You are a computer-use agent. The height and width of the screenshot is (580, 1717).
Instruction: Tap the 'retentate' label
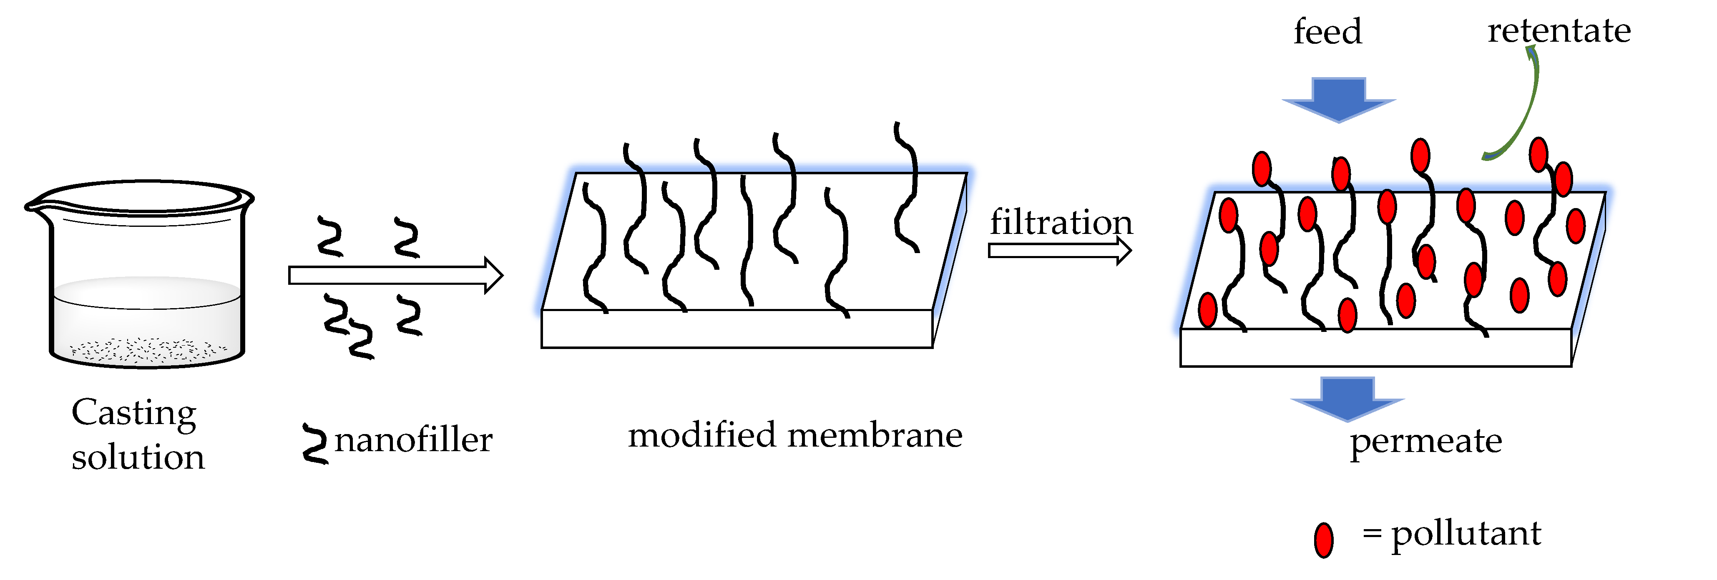(x=1559, y=31)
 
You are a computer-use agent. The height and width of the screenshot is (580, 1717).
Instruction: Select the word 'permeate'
(x=1426, y=441)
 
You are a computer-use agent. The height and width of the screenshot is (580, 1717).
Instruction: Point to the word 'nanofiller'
(x=413, y=439)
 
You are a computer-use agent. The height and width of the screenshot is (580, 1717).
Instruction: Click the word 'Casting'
(x=133, y=413)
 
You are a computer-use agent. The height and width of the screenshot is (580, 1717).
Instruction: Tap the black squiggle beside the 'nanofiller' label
(x=314, y=443)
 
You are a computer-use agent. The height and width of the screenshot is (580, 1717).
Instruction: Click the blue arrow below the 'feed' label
(x=1338, y=99)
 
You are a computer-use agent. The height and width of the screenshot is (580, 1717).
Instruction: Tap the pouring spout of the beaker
(x=33, y=205)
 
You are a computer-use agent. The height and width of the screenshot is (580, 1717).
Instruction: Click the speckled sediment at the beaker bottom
(x=147, y=349)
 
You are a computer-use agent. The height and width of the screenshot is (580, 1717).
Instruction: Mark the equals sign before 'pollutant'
(x=1371, y=533)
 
